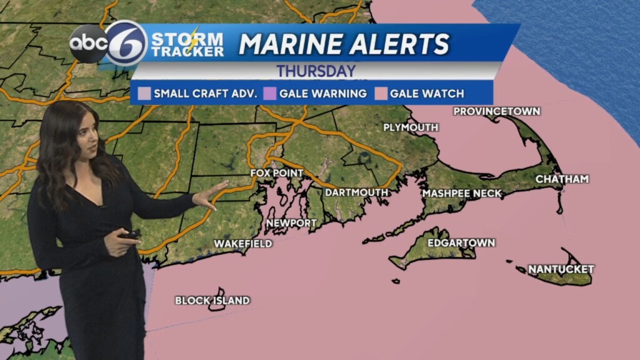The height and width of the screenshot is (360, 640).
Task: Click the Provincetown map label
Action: [x=496, y=111]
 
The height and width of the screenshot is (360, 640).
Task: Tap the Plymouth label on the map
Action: [x=410, y=127]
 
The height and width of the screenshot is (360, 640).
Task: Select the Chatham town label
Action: [x=562, y=179]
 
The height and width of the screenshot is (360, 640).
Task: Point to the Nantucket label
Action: [x=561, y=269]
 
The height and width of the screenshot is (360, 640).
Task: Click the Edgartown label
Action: [x=461, y=242]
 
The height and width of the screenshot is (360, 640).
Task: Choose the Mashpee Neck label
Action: [x=462, y=194]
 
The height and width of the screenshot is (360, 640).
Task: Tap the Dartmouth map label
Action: [x=356, y=192]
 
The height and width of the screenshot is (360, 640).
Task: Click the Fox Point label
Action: [x=276, y=173]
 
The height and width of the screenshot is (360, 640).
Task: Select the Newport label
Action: [x=291, y=223]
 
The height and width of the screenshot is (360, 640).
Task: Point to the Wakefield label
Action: [x=243, y=244]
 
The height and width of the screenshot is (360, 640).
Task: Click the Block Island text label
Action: [x=212, y=301]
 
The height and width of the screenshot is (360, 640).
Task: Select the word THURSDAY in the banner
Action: [x=316, y=71]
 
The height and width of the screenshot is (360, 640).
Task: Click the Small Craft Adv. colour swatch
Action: [x=143, y=94]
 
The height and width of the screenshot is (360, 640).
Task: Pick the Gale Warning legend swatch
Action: [x=269, y=94]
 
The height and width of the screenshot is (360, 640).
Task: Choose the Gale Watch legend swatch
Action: [x=379, y=94]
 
